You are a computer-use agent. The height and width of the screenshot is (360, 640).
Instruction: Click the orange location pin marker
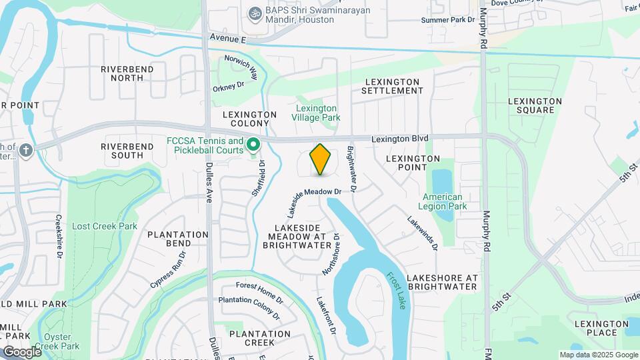(x=321, y=159)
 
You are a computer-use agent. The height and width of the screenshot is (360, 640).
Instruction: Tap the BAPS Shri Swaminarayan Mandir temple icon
(x=253, y=13)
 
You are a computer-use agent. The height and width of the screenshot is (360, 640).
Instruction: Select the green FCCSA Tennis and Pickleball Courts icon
(x=253, y=144)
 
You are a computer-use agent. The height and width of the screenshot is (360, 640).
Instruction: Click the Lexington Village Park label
(x=316, y=113)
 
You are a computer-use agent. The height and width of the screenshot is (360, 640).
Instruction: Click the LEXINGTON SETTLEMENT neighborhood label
(x=393, y=86)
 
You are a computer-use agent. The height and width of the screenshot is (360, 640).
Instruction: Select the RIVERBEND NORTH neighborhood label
(x=127, y=73)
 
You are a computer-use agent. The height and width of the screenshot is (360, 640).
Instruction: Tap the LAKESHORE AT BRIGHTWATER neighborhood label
(x=442, y=282)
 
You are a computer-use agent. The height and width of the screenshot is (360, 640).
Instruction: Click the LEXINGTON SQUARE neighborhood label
(x=535, y=105)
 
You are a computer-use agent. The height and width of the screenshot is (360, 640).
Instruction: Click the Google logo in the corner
(x=22, y=351)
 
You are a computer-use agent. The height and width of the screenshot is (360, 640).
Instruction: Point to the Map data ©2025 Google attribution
(x=599, y=355)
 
